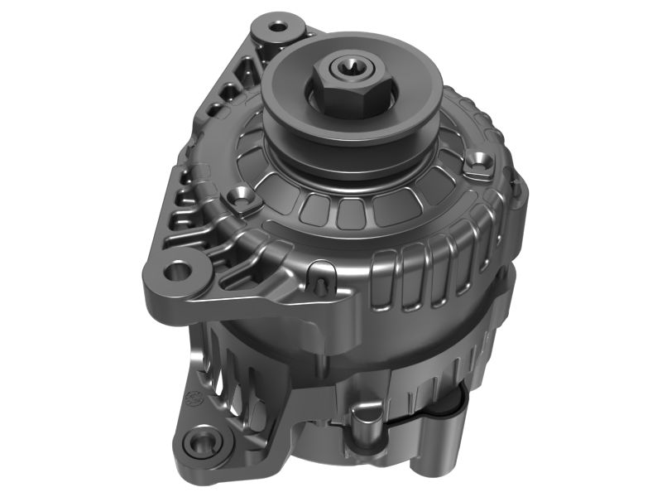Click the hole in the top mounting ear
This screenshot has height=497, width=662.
[x=280, y=27]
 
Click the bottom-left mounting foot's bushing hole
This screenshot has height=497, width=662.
[x=199, y=442]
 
